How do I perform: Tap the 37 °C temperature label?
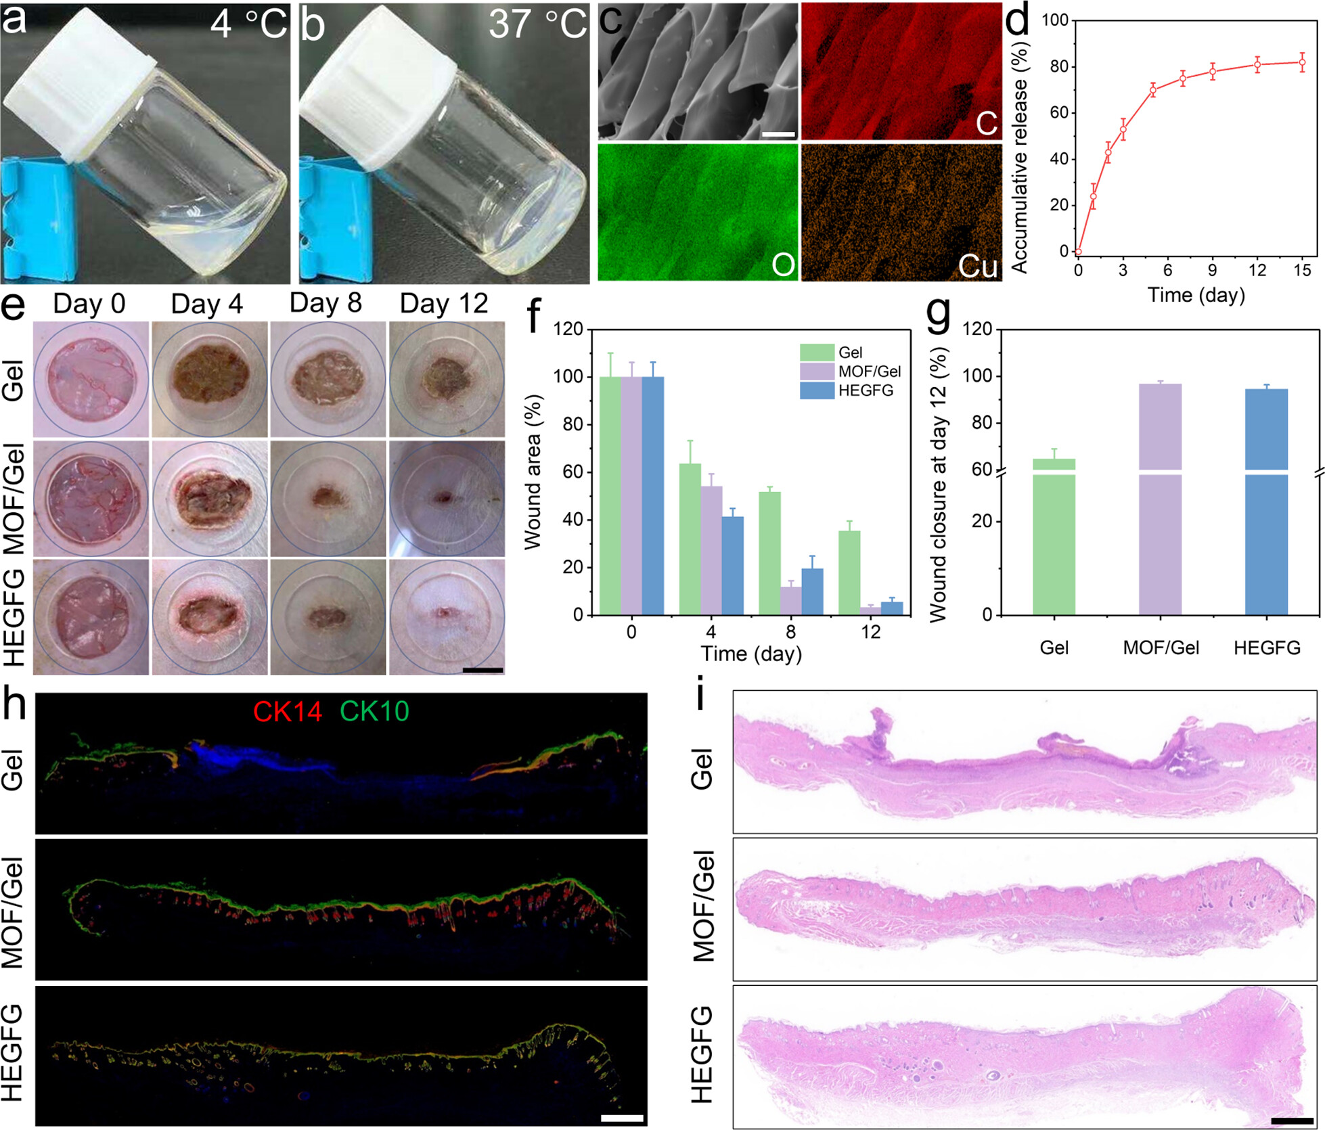pyautogui.click(x=537, y=24)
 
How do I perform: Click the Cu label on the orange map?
pyautogui.click(x=977, y=265)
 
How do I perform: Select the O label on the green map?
pyautogui.click(x=783, y=264)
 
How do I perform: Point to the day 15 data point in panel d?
pyautogui.click(x=1301, y=62)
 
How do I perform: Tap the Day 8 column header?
pyautogui.click(x=325, y=303)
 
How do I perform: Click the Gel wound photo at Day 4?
pyautogui.click(x=209, y=379)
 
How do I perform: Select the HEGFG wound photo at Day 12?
pyautogui.click(x=447, y=616)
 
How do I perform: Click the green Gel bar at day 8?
pyautogui.click(x=769, y=552)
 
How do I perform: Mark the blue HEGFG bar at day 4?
pyautogui.click(x=733, y=565)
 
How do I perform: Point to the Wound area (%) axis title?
pyautogui.click(x=533, y=472)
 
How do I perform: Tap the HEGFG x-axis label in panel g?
pyautogui.click(x=1267, y=648)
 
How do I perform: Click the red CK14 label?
pyautogui.click(x=287, y=711)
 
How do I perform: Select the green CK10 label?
pyautogui.click(x=374, y=711)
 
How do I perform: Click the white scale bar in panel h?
pyautogui.click(x=622, y=1118)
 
